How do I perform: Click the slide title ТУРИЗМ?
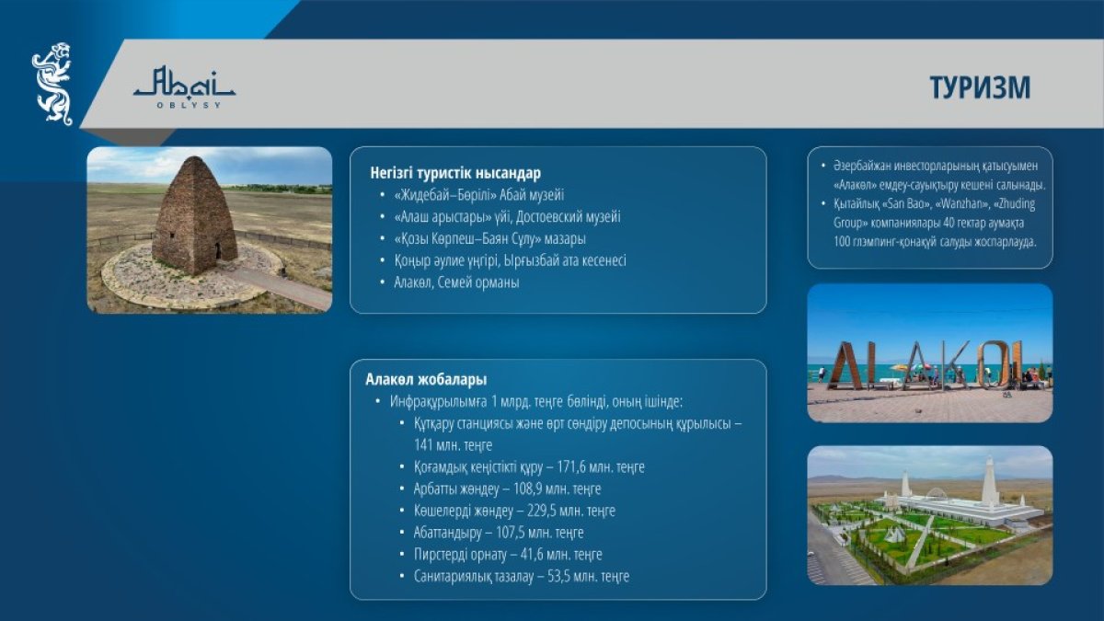(980, 87)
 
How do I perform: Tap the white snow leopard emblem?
(52, 84)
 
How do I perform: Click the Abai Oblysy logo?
(184, 87)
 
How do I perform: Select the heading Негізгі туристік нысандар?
(455, 174)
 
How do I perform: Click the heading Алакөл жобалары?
(426, 379)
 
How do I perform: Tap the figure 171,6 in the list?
(570, 466)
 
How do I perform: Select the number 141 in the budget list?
(423, 445)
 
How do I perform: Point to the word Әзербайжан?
(861, 167)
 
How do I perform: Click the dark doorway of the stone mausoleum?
(218, 251)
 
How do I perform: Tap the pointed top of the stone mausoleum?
(196, 157)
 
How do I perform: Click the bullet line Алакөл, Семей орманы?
(456, 282)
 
